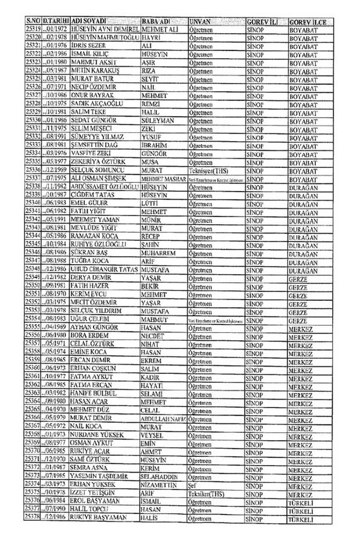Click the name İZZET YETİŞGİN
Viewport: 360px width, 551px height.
coord(93,492)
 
